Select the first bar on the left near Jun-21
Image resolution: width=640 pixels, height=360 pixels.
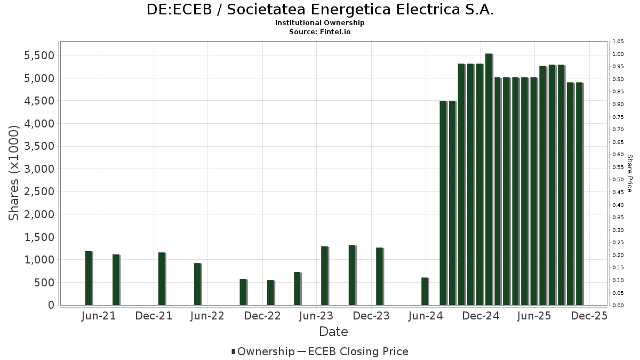point(88,278)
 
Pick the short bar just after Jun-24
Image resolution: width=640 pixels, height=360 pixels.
point(425,291)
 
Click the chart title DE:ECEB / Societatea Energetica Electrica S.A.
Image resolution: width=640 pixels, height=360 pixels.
point(320,10)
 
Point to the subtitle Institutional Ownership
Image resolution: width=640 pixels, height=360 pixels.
point(320,23)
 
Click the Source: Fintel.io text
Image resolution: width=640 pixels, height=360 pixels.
point(320,32)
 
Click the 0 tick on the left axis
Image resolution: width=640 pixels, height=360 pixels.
point(51,305)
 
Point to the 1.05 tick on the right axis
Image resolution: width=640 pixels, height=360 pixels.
point(618,42)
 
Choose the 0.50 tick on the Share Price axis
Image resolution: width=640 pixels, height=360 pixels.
point(618,180)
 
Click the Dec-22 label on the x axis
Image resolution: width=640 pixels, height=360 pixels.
point(262,316)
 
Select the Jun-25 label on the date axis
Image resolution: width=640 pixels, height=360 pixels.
point(534,316)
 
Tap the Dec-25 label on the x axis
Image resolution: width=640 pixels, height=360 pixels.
point(589,316)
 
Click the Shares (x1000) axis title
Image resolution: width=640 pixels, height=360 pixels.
point(14,173)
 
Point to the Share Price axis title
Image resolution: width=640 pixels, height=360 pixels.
point(629,173)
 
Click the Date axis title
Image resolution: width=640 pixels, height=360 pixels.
point(333,332)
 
